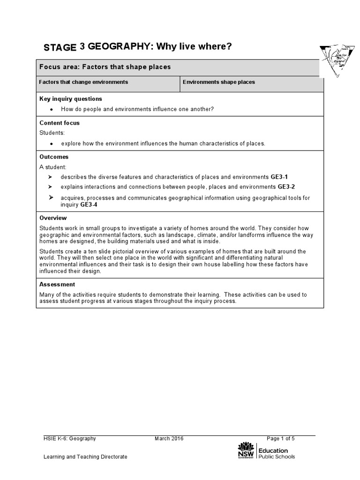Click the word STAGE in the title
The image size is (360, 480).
(x=60, y=47)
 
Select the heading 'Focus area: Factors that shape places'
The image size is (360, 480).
(x=105, y=67)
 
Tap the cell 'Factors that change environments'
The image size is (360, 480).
(x=83, y=82)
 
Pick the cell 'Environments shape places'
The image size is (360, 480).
(x=219, y=82)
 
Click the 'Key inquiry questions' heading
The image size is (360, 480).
(x=71, y=99)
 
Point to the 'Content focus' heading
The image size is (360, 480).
(x=60, y=123)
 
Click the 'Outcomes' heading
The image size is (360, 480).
(x=54, y=157)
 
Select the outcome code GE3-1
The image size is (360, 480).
(x=279, y=177)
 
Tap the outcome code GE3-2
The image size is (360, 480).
(x=286, y=187)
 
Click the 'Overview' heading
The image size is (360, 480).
(x=53, y=218)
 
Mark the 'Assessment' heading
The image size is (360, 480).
(x=57, y=285)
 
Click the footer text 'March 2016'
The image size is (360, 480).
(x=169, y=439)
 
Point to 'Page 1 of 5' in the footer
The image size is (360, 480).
(x=281, y=439)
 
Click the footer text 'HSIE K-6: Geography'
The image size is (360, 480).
(x=70, y=439)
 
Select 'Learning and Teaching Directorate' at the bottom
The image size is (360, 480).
(x=85, y=457)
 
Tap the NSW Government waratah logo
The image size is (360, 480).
(x=246, y=450)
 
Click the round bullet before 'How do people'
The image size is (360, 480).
(x=51, y=109)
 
